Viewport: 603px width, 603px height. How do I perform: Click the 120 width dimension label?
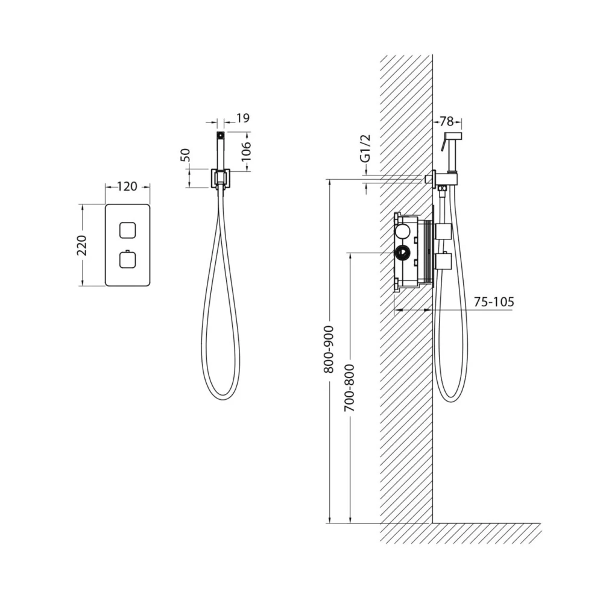point(127,186)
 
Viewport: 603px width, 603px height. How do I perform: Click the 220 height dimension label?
point(82,245)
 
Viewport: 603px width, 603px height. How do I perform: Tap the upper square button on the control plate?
point(127,230)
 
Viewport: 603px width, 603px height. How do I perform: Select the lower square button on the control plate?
point(127,259)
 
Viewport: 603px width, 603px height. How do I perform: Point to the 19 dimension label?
point(242,118)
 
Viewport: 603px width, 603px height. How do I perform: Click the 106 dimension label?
point(245,151)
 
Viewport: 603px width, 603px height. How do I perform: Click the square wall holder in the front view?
point(220,178)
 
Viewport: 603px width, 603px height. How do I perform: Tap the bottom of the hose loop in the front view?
point(221,398)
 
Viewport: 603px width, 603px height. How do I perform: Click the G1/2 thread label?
point(366,148)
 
